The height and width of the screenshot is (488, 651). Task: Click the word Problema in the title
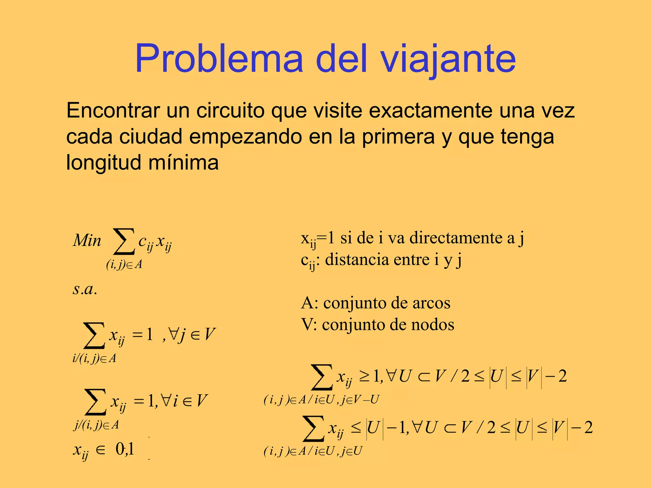[x=219, y=59]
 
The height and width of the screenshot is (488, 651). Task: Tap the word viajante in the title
[x=448, y=59]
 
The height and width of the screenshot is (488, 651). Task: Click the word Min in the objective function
[x=87, y=241]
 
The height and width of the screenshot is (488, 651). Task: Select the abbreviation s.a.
[x=85, y=289]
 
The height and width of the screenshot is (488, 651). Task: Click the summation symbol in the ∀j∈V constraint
[x=94, y=335]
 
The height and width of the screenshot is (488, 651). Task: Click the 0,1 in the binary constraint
[x=125, y=449]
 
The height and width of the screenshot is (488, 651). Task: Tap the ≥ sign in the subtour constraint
[x=364, y=376]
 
